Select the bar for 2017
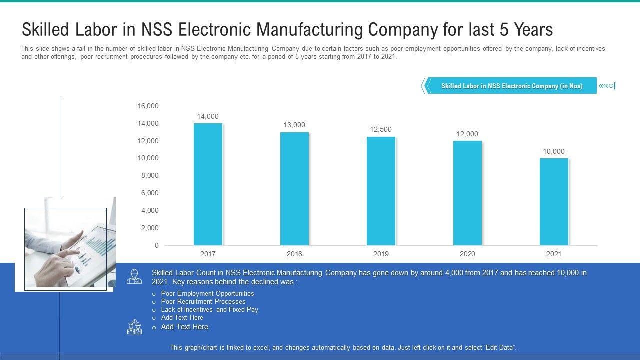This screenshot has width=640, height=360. coord(208,184)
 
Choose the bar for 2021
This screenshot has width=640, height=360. coord(554,202)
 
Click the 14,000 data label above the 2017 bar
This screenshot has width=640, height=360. coord(208,117)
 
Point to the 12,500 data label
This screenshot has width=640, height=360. coord(381,130)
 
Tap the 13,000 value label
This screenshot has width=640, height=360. coord(294,125)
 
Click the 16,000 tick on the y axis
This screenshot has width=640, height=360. coord(148,106)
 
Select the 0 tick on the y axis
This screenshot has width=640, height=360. coord(156,245)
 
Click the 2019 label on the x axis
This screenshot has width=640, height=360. coord(381,254)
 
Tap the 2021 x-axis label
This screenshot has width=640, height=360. coord(554,254)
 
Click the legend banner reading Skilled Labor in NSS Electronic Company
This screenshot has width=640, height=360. coord(511,86)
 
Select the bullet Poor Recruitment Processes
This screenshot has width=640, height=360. coord(203,302)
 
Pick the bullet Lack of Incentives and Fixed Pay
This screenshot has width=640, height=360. coord(209,310)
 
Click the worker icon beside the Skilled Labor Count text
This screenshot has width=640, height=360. coord(134,276)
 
